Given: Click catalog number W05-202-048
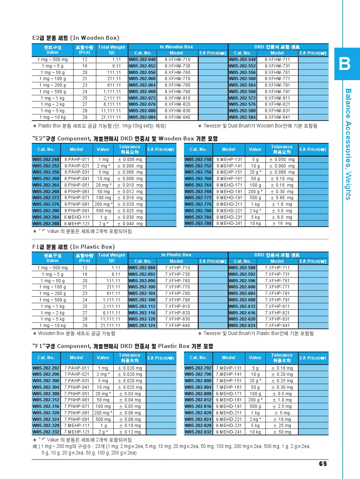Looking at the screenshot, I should coord(142,60).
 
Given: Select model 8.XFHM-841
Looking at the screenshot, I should coord(277,117).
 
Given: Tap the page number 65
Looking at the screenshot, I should coord(323,464).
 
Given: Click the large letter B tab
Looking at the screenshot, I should coord(345,64).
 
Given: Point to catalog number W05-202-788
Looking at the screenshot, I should coord(198,223).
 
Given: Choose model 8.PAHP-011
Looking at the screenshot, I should coord(76,160).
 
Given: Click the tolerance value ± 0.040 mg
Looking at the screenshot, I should coord(129,224).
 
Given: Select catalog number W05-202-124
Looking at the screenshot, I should coord(142,326).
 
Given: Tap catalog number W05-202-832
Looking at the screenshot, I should coord(198,432).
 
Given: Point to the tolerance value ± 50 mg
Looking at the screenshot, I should coord(282,432).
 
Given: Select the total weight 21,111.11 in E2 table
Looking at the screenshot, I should coord(111,117).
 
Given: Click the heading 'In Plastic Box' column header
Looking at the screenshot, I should coord(176,255).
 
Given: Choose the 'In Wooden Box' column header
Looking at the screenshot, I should coord(176,47).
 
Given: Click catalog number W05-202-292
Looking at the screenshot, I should coord(46,368).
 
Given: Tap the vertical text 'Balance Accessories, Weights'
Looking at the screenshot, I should coord(348,144).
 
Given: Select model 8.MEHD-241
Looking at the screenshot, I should coord(229,223).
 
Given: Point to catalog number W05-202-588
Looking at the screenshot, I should coord(242,268).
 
